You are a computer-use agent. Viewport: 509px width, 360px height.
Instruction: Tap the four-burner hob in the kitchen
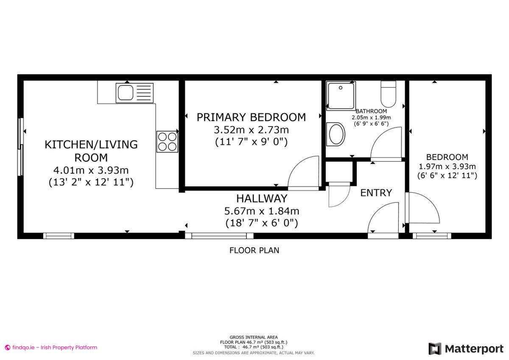[167, 141]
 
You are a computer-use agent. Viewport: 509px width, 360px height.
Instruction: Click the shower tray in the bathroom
[341, 95]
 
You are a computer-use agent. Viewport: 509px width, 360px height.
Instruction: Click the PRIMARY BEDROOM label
[251, 117]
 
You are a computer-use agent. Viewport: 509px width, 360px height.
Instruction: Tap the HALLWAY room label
[262, 198]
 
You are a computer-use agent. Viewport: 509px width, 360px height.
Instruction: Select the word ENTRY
[376, 193]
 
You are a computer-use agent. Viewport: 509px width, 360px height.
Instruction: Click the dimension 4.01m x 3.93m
[91, 171]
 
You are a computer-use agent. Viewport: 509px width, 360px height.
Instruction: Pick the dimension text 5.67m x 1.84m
[262, 211]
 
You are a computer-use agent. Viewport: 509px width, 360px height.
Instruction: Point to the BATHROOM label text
[371, 111]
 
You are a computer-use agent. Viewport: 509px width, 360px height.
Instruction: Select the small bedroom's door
[422, 208]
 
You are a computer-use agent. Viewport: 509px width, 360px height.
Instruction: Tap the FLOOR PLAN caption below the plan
[255, 250]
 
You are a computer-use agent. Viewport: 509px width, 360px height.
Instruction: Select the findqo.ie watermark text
[51, 347]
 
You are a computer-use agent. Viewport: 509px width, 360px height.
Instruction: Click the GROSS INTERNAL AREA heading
[254, 337]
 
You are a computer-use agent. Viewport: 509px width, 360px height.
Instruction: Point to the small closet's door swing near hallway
[338, 195]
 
